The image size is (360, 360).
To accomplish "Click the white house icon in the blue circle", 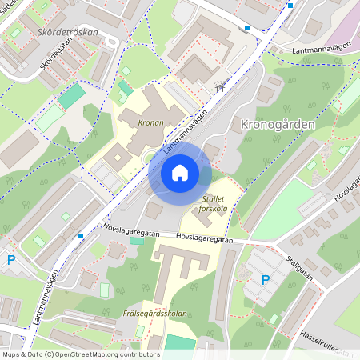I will click(x=179, y=173).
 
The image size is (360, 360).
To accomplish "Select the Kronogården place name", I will click(x=272, y=126).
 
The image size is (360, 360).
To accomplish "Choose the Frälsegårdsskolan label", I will click(x=155, y=314).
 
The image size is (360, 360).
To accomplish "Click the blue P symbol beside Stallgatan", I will click(x=266, y=279).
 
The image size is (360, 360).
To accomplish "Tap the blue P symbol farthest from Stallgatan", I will click(x=10, y=259).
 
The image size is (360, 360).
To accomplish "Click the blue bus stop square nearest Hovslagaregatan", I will click(x=81, y=235).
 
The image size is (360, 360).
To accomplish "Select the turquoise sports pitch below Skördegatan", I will click(x=71, y=95).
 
